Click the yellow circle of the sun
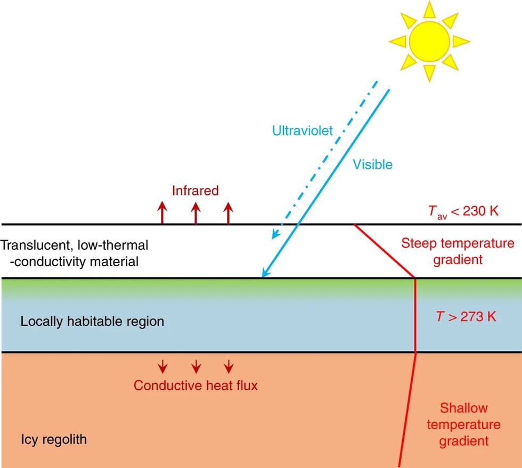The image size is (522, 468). pos(429,42)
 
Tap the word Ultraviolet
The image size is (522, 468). pos(303,130)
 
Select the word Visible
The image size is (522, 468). pos(372,165)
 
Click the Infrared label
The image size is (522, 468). pos(195,191)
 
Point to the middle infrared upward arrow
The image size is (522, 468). pos(196,213)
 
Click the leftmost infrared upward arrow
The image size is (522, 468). pos(162,213)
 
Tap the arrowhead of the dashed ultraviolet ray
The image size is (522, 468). pos(276,234)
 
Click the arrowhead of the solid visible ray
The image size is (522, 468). pos(266,272)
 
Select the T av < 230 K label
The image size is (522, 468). pos(463,211)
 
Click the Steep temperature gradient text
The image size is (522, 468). pos(458,251)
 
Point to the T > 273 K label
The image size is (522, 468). pos(466,316)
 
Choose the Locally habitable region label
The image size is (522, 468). pos(92,322)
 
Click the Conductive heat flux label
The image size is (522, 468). pos(196,385)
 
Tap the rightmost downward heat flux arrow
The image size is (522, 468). pos(229,366)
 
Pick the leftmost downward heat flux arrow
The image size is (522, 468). pos(162,366)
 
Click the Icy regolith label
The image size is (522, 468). pos(54,440)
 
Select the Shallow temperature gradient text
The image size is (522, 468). pos(464,424)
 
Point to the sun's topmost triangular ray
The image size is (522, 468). pos(429,10)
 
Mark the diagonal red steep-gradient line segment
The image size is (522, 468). pos(385,251)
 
